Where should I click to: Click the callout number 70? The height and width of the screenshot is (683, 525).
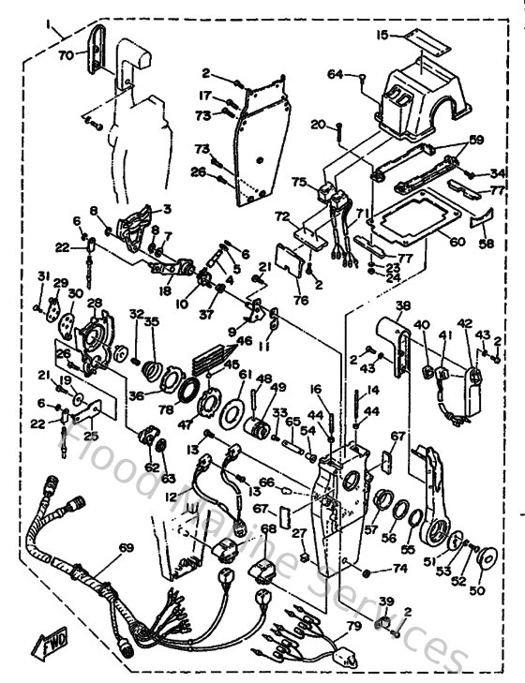[65, 56]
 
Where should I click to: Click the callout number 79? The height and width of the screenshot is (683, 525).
[353, 626]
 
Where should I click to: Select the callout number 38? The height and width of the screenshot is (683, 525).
[403, 305]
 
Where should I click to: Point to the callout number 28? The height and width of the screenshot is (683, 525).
[94, 303]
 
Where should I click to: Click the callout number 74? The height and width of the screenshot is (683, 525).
[399, 568]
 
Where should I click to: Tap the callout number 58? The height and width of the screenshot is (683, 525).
[487, 243]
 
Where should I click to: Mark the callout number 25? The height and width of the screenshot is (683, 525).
[90, 436]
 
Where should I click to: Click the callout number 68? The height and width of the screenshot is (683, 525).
[269, 530]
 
